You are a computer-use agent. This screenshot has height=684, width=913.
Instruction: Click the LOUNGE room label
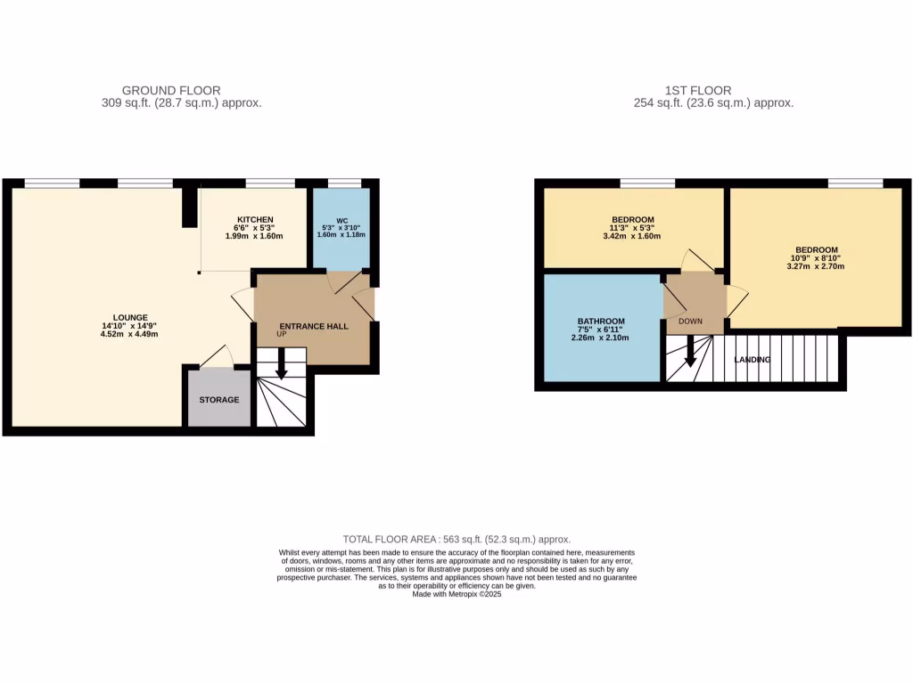[x=130, y=317]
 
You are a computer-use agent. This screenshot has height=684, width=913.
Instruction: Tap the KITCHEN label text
[x=255, y=220]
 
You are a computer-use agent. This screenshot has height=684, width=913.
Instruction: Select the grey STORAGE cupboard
[x=219, y=400]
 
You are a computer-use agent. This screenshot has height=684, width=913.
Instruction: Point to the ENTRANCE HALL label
[x=314, y=326]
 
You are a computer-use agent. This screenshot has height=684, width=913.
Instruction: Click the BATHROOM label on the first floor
[x=601, y=321]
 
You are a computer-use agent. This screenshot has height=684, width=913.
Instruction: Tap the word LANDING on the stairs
[x=753, y=360]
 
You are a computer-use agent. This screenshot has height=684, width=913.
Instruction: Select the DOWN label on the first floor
[x=691, y=321]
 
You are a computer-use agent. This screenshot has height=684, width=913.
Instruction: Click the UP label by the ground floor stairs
[x=281, y=334]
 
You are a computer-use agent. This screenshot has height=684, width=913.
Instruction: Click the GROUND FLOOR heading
[x=171, y=90]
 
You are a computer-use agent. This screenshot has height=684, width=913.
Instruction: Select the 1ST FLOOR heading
[x=698, y=90]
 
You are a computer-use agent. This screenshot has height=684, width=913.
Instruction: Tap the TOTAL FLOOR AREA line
[x=456, y=540]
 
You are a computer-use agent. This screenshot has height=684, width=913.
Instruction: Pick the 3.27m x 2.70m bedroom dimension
[x=817, y=265]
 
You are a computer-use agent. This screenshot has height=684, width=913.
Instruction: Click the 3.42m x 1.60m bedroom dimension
[x=633, y=236]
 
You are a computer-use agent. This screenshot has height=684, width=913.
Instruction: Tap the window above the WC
[x=344, y=183]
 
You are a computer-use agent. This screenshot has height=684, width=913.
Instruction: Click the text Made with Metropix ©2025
[x=456, y=594]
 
